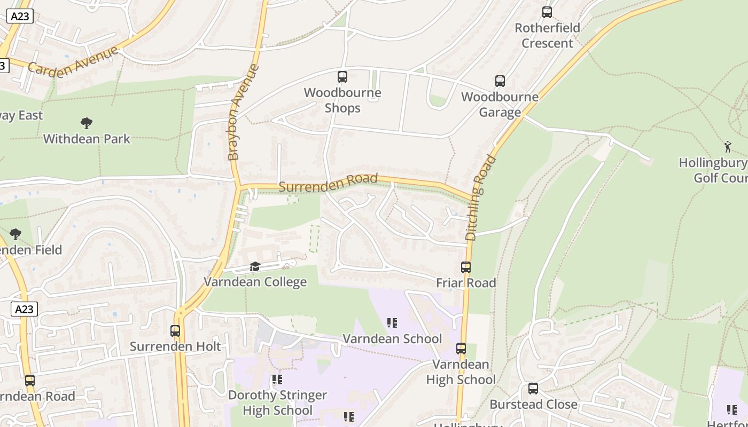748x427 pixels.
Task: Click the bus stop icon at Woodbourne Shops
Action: pyautogui.click(x=342, y=77)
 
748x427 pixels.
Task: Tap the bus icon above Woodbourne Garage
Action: pyautogui.click(x=500, y=81)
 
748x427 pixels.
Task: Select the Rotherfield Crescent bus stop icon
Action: pyautogui.click(x=547, y=12)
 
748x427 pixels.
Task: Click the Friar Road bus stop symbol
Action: pyautogui.click(x=466, y=267)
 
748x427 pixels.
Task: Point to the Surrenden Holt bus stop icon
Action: pyautogui.click(x=175, y=330)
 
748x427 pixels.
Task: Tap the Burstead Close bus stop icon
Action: pyautogui.click(x=533, y=389)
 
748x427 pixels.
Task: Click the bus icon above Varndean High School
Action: pyautogui.click(x=461, y=349)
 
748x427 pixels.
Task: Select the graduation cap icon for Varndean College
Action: pyautogui.click(x=255, y=266)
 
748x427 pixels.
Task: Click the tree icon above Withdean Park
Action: pyautogui.click(x=87, y=123)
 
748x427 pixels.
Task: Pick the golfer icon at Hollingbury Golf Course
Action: pyautogui.click(x=727, y=146)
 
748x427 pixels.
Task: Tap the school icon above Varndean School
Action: pyautogui.click(x=392, y=323)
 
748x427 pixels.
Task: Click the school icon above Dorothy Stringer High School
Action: pyautogui.click(x=277, y=379)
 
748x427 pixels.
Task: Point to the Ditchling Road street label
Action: pyautogui.click(x=480, y=197)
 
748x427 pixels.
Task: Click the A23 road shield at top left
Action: pyautogui.click(x=20, y=17)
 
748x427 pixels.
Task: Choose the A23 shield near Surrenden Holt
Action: pyautogui.click(x=24, y=309)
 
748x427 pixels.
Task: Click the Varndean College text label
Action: pyautogui.click(x=255, y=282)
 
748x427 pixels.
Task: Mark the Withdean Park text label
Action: pyautogui.click(x=87, y=139)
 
